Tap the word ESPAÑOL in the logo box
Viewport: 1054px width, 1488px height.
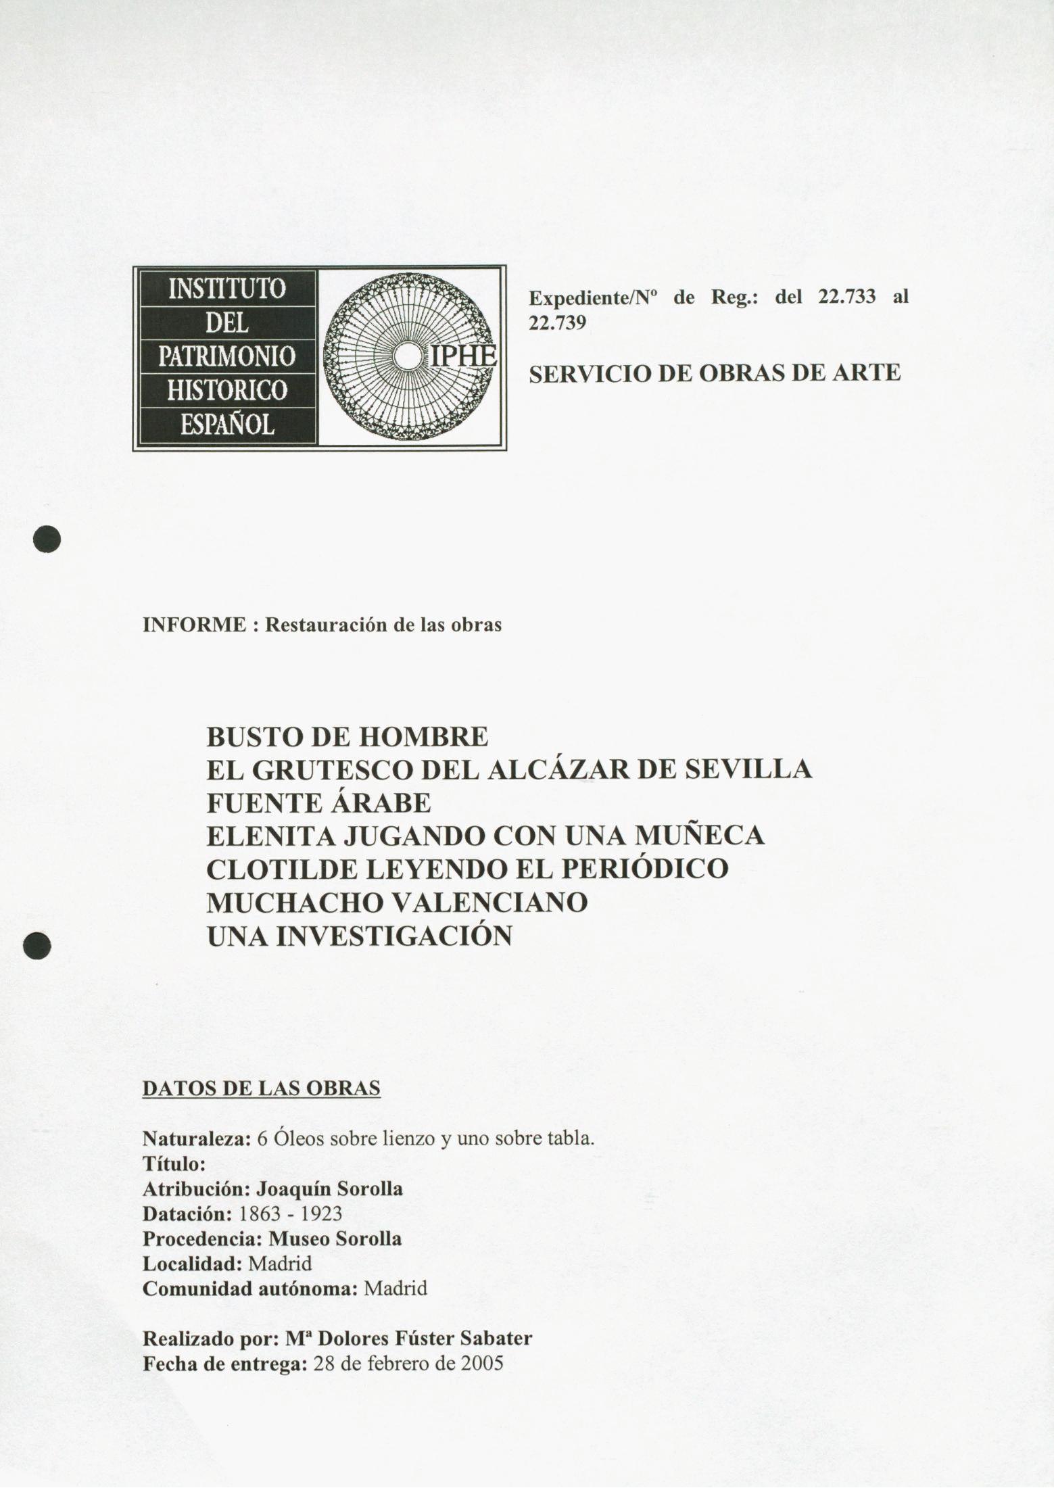(x=226, y=425)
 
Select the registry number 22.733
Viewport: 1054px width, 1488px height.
(x=846, y=297)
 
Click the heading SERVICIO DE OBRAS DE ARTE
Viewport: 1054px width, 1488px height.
(x=715, y=373)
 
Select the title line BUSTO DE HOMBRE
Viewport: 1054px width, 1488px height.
(x=347, y=736)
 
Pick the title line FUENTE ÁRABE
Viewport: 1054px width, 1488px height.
(x=318, y=803)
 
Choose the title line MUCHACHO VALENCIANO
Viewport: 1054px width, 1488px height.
(x=397, y=903)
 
